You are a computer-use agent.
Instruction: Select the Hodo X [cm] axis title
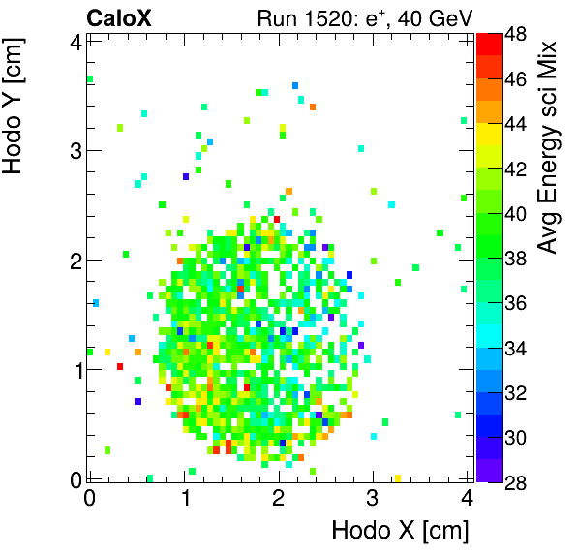[400, 531]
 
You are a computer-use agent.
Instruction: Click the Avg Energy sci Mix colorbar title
[549, 145]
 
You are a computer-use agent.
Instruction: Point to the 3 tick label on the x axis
[373, 497]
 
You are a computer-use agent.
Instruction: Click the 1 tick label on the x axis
[184, 497]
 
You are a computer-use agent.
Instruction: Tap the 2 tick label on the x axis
[279, 497]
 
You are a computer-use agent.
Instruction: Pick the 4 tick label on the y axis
[75, 41]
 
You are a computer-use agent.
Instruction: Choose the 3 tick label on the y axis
[75, 150]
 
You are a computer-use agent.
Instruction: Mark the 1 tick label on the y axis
[75, 370]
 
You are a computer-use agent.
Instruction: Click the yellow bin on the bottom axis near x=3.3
[398, 477]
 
